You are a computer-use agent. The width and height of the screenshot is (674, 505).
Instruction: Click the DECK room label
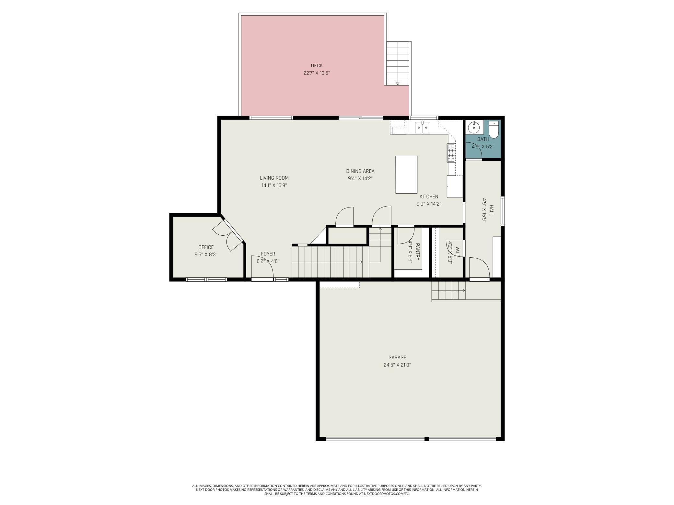click(x=317, y=66)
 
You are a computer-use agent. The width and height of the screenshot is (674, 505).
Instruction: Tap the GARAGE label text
click(x=397, y=358)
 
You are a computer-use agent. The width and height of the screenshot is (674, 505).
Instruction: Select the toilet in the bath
click(x=493, y=129)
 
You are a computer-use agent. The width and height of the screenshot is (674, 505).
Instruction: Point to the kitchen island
click(x=406, y=174)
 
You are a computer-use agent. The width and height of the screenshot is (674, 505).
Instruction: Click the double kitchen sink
click(x=423, y=127)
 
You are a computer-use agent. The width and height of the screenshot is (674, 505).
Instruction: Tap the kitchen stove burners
click(x=451, y=153)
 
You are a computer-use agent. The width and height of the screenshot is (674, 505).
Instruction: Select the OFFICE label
click(x=206, y=247)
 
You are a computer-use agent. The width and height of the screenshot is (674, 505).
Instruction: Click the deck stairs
click(x=398, y=63)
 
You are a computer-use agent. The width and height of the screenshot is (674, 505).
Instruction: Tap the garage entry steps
click(x=448, y=290)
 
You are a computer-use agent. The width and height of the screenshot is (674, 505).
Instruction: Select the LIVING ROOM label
click(x=274, y=178)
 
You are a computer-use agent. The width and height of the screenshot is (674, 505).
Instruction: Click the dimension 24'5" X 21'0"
click(x=397, y=365)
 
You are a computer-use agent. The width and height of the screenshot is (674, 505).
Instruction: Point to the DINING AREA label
click(x=360, y=171)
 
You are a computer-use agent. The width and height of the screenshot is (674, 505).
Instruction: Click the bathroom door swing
click(x=474, y=151)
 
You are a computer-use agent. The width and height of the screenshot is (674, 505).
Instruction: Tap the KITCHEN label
click(x=429, y=196)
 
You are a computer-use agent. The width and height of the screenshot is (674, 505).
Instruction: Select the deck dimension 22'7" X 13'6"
click(x=317, y=73)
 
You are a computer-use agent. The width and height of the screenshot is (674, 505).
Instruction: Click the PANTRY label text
click(x=418, y=252)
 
